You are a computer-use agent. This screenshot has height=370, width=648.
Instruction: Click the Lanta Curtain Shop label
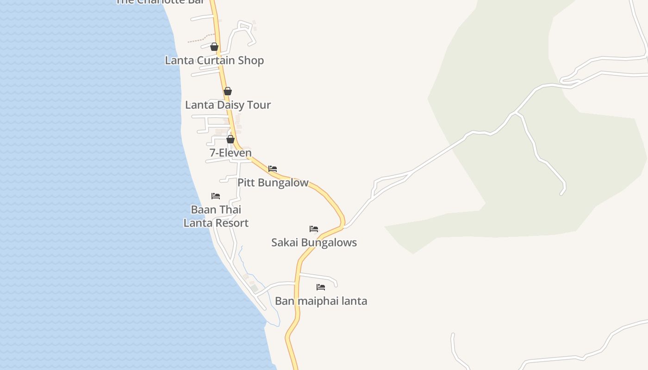(x=214, y=61)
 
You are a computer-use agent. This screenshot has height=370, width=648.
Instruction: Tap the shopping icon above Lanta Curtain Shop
(x=214, y=47)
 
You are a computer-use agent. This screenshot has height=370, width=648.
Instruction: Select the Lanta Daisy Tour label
(x=228, y=105)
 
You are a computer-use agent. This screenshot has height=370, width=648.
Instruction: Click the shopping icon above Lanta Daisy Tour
(x=228, y=91)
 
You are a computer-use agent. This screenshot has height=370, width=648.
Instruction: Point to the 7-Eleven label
(x=231, y=153)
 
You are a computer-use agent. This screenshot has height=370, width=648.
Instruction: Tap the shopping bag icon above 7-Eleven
(x=231, y=139)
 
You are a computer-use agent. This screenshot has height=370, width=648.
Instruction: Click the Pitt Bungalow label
(x=273, y=183)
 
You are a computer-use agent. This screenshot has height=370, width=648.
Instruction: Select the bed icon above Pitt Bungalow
(x=273, y=169)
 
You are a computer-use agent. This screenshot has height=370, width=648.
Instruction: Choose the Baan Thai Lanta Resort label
(x=216, y=216)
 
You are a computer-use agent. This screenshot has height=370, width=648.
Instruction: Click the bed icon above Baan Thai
(x=216, y=196)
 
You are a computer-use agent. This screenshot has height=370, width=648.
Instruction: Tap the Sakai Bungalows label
(x=314, y=243)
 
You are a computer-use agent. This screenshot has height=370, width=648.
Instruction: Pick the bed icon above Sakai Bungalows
(x=314, y=229)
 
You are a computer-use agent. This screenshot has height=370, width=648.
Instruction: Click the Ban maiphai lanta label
(x=321, y=301)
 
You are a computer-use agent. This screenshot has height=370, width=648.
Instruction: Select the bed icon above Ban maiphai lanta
(x=321, y=287)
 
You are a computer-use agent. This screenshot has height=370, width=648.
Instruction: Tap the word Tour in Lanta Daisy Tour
(x=259, y=105)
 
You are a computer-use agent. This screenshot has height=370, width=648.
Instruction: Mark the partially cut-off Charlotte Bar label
(x=160, y=2)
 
